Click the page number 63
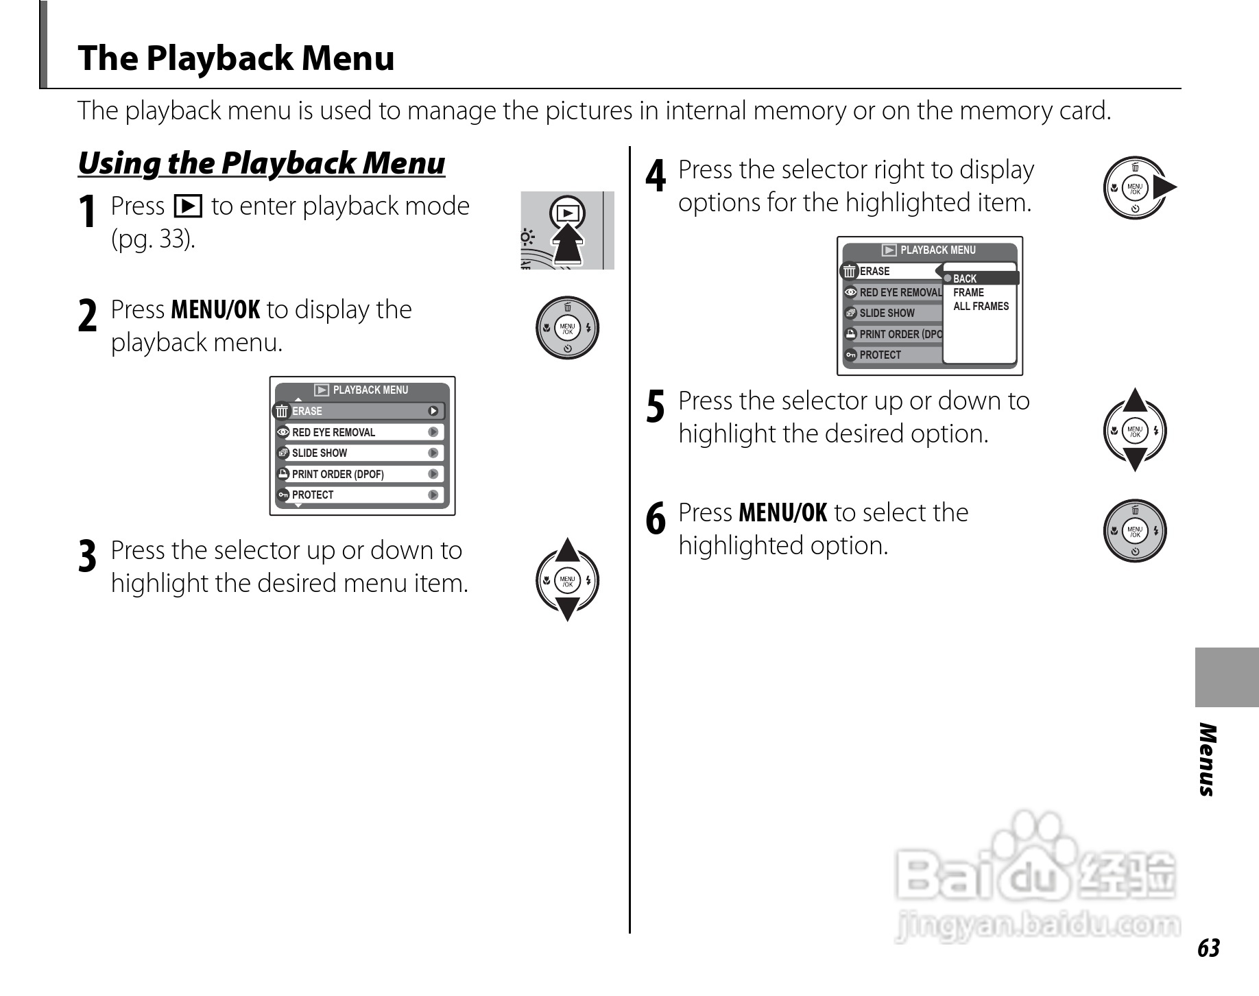tap(1208, 948)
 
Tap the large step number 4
tap(656, 176)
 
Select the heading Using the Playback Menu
tap(261, 163)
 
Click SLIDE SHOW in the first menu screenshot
tap(320, 453)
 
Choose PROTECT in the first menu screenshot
tap(313, 495)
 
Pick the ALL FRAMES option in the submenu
tap(981, 306)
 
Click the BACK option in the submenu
tap(965, 278)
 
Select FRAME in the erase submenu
tap(968, 292)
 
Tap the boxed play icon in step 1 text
tap(188, 206)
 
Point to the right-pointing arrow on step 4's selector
tap(1164, 187)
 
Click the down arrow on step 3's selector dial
tap(567, 608)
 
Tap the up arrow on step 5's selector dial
tap(1135, 400)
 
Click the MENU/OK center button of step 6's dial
tap(1135, 530)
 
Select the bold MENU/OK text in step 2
tap(215, 310)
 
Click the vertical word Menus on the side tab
tap(1208, 759)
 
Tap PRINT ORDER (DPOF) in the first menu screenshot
tap(337, 474)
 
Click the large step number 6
tap(656, 519)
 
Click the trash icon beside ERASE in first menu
tap(281, 412)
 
